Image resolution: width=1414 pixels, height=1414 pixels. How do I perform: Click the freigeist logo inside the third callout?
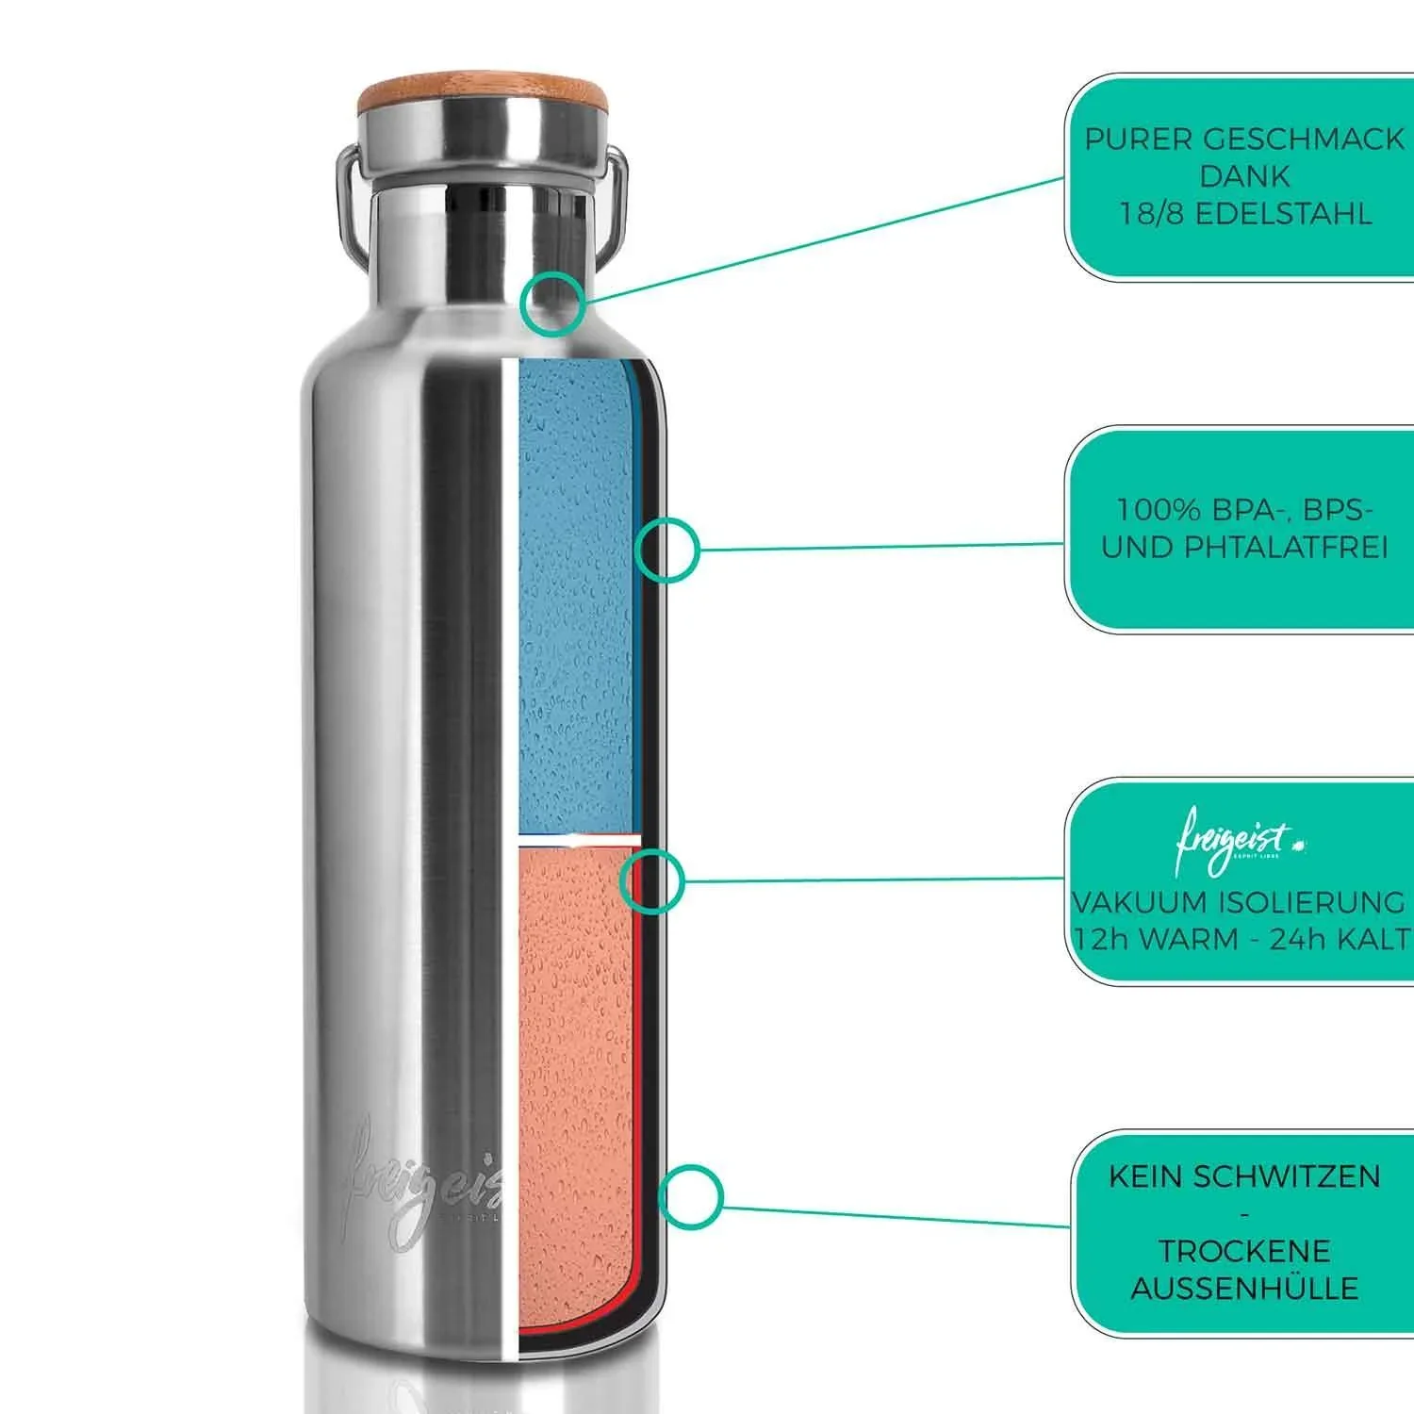(x=1235, y=838)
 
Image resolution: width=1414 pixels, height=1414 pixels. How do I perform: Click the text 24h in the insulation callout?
(x=1294, y=940)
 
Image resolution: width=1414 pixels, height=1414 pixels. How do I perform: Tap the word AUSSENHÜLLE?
(x=1244, y=1288)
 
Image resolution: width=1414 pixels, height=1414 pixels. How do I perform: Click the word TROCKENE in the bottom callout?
(x=1244, y=1251)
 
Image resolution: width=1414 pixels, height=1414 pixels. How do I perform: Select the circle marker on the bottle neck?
(x=554, y=304)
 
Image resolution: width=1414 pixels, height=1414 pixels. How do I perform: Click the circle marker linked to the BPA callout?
(x=666, y=549)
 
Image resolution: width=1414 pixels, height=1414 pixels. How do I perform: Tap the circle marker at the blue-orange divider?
(x=651, y=880)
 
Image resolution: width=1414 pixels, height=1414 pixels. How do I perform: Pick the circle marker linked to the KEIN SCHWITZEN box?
(x=690, y=1197)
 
